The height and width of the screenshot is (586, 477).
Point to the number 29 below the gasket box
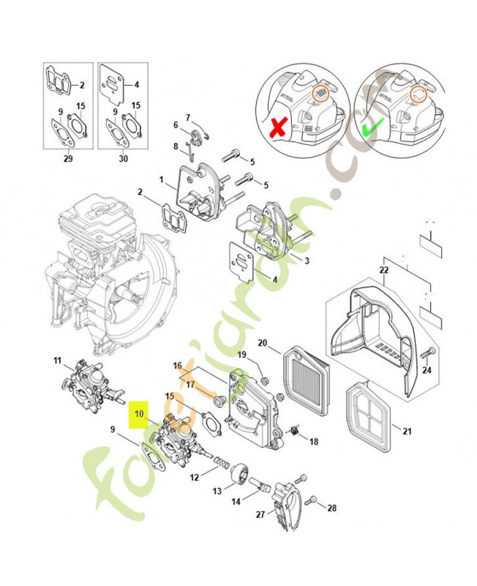click(x=68, y=158)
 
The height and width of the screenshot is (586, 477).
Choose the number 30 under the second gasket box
click(x=123, y=158)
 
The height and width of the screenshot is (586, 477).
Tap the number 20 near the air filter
click(x=263, y=343)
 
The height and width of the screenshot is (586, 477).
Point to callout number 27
click(x=260, y=514)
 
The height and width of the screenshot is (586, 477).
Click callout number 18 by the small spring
click(x=313, y=442)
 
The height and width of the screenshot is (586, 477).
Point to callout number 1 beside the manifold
click(x=162, y=179)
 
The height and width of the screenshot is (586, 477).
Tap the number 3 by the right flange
click(x=307, y=261)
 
